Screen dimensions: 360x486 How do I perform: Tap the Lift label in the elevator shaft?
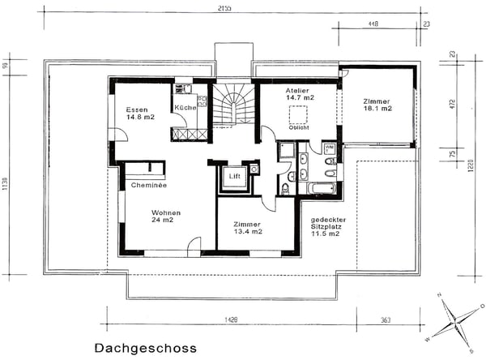[235, 176]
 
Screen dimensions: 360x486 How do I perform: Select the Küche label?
[184, 107]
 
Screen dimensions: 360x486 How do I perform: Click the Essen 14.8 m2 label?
[140, 113]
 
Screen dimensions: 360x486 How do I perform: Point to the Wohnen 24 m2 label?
[164, 216]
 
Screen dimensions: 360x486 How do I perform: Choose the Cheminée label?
[148, 185]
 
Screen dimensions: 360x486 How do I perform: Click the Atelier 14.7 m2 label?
[299, 93]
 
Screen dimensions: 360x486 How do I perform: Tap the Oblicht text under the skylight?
[299, 127]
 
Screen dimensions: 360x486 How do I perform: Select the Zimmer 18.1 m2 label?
[377, 103]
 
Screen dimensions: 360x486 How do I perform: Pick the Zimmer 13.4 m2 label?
[247, 227]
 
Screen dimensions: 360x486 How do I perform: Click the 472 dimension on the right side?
[453, 103]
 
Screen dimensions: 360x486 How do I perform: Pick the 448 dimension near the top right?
[373, 24]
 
